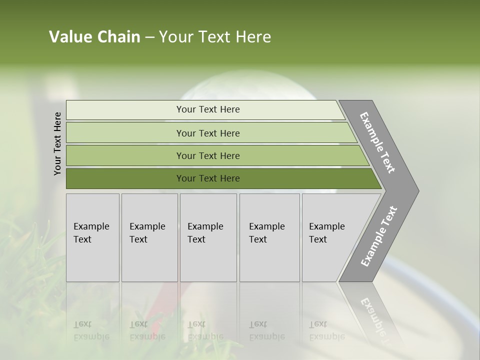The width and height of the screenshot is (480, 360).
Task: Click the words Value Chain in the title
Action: pyautogui.click(x=94, y=37)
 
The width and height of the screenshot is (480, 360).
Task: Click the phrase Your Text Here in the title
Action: pyautogui.click(x=215, y=37)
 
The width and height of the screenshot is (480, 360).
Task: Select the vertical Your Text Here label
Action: pyautogui.click(x=57, y=143)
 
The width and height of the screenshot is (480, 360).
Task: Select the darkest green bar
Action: pyautogui.click(x=125, y=178)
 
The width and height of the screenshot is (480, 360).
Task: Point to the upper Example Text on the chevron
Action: pyautogui.click(x=377, y=142)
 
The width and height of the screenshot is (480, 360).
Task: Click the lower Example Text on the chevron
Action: pyautogui.click(x=378, y=236)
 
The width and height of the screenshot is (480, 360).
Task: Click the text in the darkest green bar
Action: pyautogui.click(x=208, y=178)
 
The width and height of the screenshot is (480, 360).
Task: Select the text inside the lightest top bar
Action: pyautogui.click(x=208, y=109)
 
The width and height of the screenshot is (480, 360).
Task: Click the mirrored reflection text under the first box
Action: pyautogui.click(x=91, y=330)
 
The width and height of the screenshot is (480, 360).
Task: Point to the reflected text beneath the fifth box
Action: pyautogui.click(x=326, y=330)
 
